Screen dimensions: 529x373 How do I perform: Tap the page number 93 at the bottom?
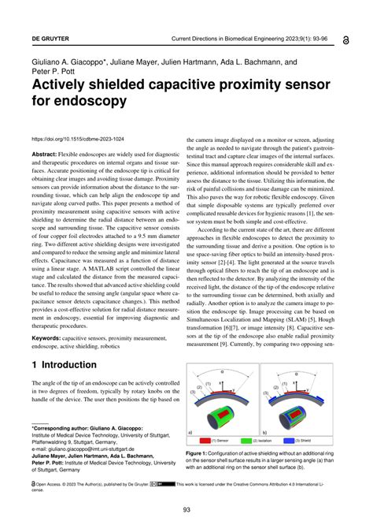click(186, 509)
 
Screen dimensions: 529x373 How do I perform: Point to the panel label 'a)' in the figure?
click(190, 432)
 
